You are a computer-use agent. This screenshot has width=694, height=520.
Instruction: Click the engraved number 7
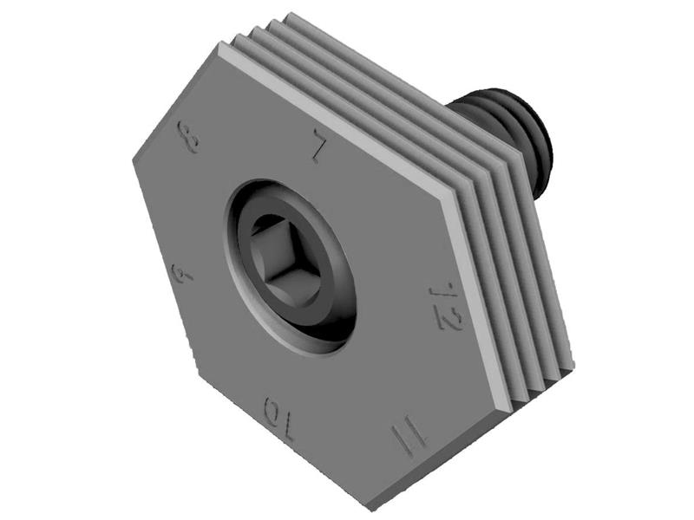(x=318, y=148)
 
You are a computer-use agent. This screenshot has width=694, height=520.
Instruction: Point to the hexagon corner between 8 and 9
(x=134, y=160)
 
